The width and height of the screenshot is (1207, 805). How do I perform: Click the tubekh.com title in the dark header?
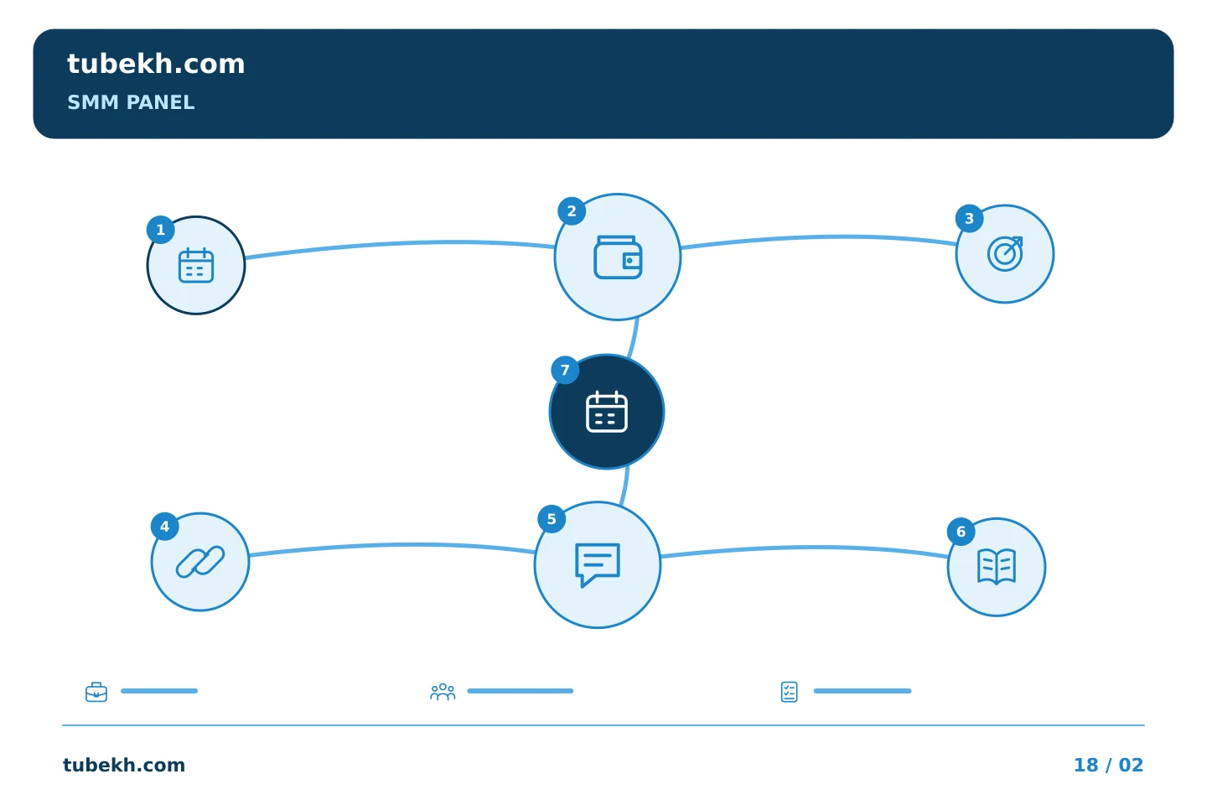tap(156, 64)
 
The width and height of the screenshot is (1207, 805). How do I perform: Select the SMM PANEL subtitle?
tap(131, 102)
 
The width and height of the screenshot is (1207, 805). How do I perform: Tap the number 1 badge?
tap(161, 230)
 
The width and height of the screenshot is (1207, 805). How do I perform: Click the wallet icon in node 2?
tap(618, 257)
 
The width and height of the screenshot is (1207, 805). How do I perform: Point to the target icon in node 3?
tap(1005, 253)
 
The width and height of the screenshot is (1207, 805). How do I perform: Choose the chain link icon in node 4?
tap(200, 562)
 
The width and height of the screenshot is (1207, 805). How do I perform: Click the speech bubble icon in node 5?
tap(598, 565)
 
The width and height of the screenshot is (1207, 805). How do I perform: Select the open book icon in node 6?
tap(997, 567)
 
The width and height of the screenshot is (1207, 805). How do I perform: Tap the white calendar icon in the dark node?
tap(607, 412)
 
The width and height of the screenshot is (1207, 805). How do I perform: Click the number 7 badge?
tap(565, 370)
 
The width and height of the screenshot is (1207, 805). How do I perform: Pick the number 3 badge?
tap(969, 218)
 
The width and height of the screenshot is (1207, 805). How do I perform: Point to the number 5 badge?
tap(552, 519)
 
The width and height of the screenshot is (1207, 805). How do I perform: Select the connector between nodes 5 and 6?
tap(804, 548)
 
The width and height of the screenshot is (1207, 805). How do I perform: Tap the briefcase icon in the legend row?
tap(96, 692)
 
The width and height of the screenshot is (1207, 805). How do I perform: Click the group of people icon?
tap(443, 692)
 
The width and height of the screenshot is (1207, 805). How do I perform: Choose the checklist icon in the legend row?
tap(789, 692)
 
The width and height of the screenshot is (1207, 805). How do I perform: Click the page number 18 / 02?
tap(1108, 765)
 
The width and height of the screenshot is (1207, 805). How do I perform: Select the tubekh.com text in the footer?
tap(124, 765)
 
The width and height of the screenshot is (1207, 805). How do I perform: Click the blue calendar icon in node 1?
tap(196, 265)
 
